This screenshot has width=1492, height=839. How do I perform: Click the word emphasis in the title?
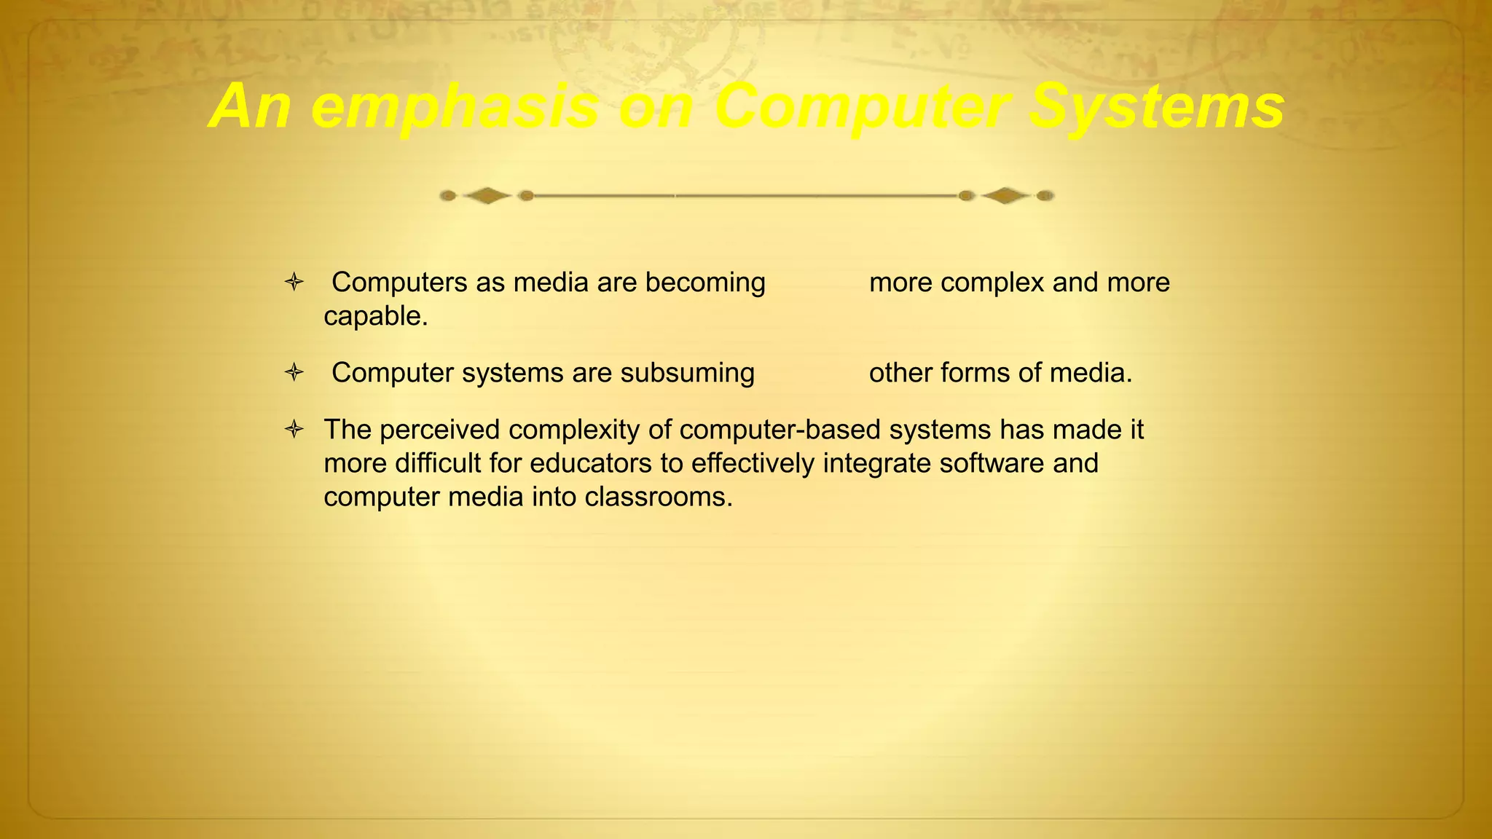455,108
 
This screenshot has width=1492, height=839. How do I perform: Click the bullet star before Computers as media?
294,283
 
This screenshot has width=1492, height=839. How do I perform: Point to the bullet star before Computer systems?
294,373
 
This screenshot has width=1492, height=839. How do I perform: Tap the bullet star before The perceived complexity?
294,430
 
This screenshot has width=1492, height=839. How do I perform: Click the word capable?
375,317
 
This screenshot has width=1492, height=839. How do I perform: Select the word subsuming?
687,373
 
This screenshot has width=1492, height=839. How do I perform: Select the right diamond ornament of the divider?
1005,195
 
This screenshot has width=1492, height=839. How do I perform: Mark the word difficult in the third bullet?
438,463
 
